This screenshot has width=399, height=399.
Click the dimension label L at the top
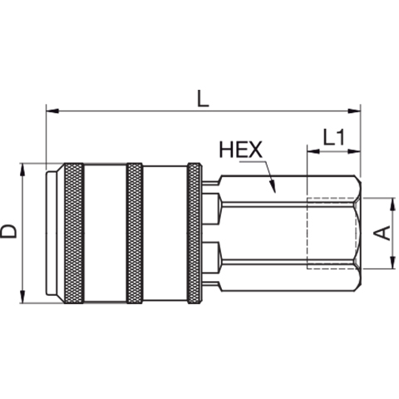pos(203,99)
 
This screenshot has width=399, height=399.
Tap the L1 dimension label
pos(334,137)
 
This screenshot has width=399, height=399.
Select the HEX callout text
pos(240,150)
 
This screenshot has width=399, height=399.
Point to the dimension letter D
pos(8,232)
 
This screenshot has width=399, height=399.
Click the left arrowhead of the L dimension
pos(52,111)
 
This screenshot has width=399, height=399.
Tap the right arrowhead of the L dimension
pos(354,111)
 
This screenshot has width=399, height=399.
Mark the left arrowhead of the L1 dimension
pos(313,151)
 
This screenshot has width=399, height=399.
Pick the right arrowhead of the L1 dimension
pos(354,151)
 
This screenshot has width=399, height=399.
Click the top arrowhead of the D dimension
pos(22,170)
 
